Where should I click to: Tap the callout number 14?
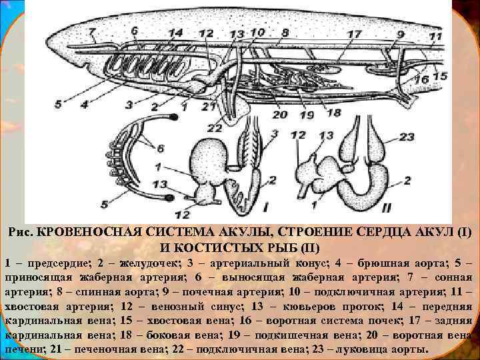click(x=176, y=33)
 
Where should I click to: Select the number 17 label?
click(x=354, y=33)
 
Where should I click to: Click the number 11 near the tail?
click(x=435, y=36)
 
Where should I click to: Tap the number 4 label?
click(x=84, y=104)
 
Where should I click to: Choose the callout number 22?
click(x=215, y=127)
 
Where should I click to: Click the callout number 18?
click(x=333, y=113)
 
